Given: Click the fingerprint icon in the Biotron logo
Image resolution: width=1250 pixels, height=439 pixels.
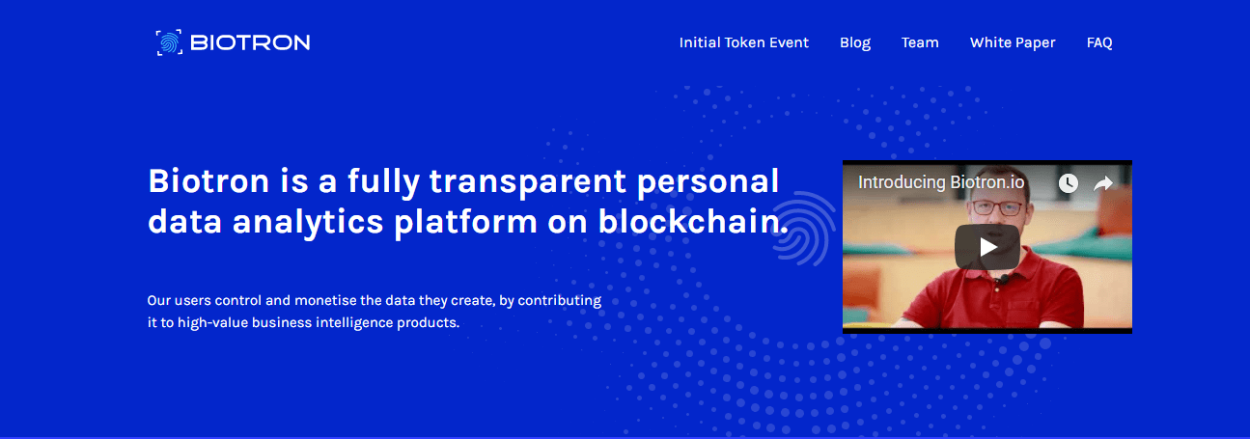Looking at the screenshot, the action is click(x=169, y=42).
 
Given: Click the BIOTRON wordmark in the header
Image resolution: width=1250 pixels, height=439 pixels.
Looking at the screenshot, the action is click(x=250, y=43).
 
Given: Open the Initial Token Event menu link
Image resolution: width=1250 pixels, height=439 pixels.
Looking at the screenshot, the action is click(x=743, y=43).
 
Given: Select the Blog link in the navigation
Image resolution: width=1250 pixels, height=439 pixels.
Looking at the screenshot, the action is click(x=855, y=43).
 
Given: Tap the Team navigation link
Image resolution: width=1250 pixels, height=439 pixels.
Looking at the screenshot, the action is click(x=920, y=43).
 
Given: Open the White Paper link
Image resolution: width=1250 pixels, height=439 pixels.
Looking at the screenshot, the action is click(x=1013, y=43).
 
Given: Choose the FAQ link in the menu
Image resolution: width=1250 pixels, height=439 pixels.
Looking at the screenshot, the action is click(x=1099, y=43).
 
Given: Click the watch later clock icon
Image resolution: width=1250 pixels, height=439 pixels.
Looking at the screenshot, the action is click(x=1069, y=183).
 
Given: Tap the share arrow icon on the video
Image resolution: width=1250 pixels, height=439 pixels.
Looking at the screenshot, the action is click(x=1102, y=183).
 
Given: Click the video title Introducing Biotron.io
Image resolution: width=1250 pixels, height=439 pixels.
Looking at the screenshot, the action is click(x=941, y=182).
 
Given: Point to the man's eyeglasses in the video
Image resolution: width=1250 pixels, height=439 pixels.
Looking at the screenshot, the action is click(x=998, y=208).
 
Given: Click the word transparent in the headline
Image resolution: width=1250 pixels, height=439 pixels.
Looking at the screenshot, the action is click(x=527, y=182).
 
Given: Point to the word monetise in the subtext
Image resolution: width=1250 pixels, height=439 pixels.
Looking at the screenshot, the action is click(x=324, y=301).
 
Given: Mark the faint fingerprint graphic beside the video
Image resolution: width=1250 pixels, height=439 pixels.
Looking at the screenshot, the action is click(x=803, y=228).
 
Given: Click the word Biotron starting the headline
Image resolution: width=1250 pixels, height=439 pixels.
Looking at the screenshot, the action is click(x=208, y=181).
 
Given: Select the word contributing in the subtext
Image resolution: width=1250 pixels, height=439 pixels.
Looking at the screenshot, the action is click(x=560, y=301).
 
